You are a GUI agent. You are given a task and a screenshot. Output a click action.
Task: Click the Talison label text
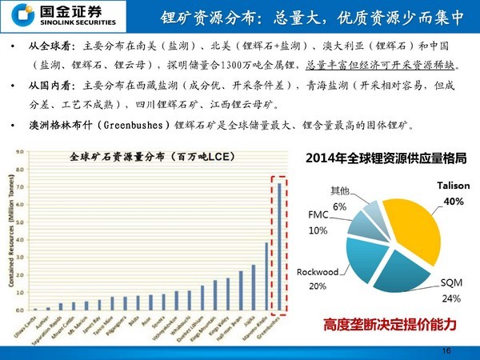[x=453, y=186]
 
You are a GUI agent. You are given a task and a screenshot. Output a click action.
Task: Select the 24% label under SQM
[x=451, y=298]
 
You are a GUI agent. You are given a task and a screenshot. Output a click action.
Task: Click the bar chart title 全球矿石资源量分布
[x=129, y=158]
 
